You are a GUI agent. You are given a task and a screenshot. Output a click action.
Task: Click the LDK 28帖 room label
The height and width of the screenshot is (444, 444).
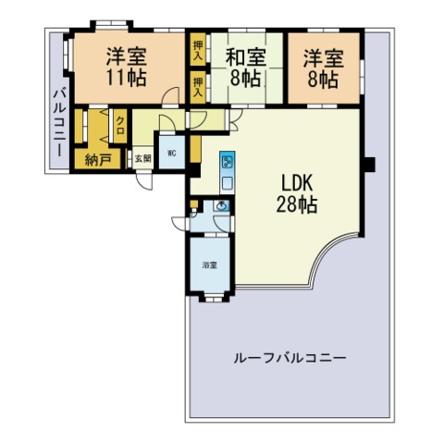297,193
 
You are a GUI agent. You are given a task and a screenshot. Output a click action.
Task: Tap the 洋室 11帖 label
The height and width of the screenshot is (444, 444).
127,67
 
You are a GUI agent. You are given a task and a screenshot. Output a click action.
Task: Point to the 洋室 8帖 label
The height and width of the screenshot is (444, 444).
323,68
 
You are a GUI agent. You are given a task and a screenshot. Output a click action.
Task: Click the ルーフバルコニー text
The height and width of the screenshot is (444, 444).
290,358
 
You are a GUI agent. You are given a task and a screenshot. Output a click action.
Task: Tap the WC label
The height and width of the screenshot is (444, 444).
172,153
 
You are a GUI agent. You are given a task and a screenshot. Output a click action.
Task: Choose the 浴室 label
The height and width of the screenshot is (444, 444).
210,265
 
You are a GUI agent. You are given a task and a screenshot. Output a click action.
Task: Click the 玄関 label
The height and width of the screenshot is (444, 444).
143,159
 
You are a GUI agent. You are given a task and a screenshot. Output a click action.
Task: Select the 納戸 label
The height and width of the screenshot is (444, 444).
98,160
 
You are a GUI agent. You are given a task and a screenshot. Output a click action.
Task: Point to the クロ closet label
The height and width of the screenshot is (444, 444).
120,126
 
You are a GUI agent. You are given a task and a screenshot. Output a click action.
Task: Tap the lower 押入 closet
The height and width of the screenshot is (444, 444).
198,87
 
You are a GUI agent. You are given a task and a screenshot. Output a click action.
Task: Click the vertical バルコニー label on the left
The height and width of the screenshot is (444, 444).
59,123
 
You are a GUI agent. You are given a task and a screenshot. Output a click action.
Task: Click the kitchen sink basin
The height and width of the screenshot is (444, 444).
228,184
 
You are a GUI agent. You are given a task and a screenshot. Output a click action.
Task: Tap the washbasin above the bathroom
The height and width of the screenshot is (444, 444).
221,205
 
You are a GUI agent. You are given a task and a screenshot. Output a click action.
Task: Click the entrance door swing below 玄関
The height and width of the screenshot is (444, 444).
144,181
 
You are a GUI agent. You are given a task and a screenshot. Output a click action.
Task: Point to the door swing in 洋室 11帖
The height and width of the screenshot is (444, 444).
170,95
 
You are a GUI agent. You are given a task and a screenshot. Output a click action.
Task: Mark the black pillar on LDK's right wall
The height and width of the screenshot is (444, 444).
369,165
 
